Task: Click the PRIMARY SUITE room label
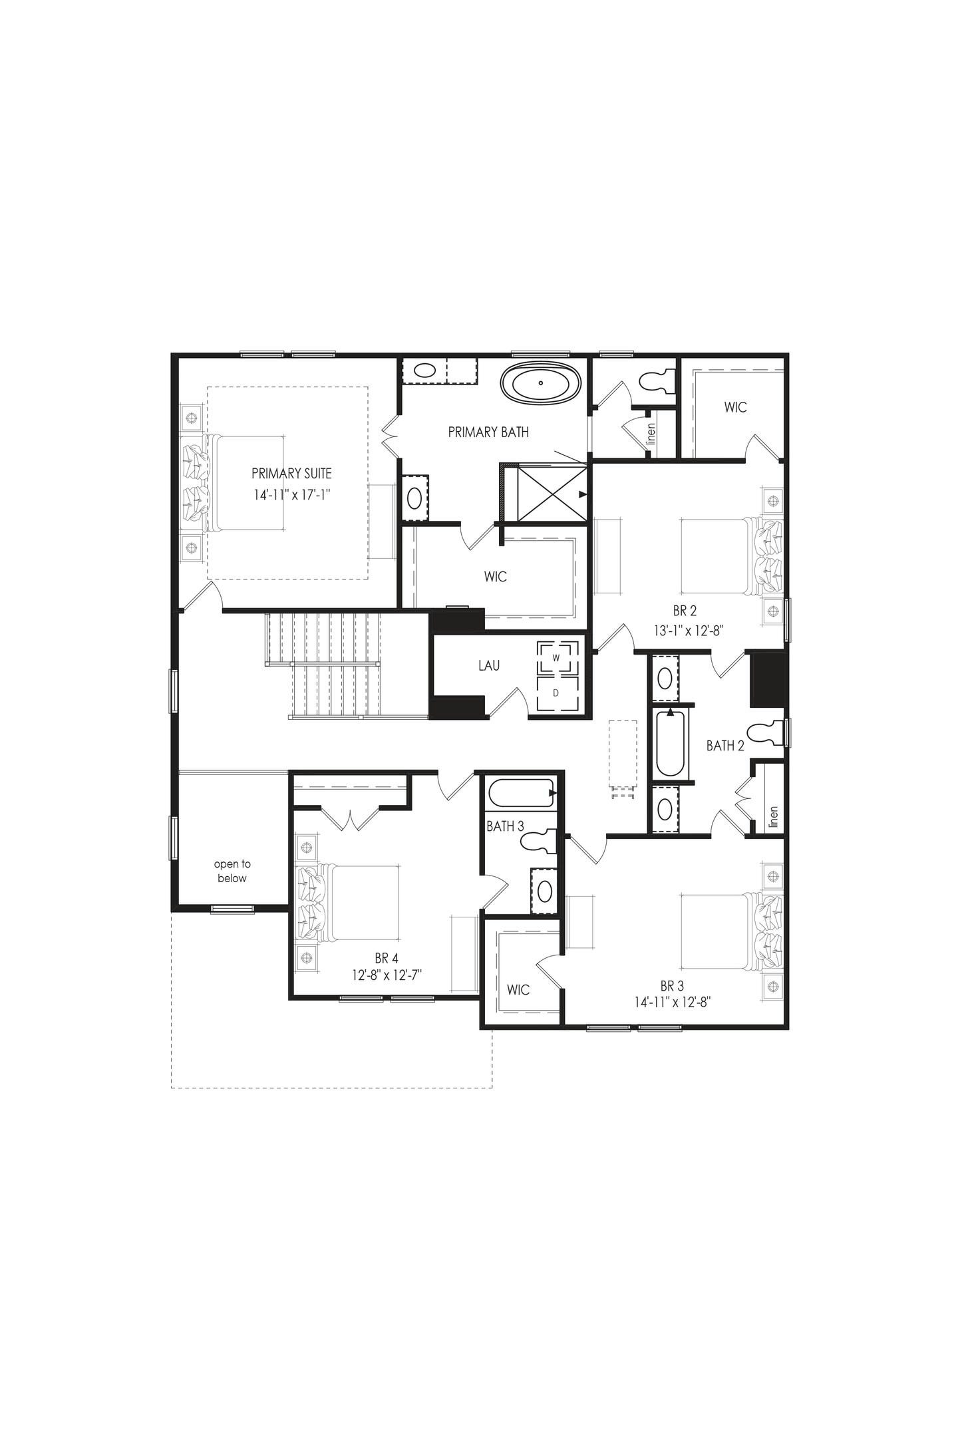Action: tap(291, 474)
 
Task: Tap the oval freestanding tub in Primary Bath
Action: tap(541, 383)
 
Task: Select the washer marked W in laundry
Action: tap(556, 657)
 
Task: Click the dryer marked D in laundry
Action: tap(556, 693)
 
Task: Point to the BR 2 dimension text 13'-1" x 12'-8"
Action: tap(684, 629)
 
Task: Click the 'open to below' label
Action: tap(232, 871)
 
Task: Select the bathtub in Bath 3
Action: tap(521, 794)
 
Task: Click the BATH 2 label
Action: tap(725, 746)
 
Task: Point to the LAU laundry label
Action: tap(489, 665)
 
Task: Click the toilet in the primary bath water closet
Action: tap(655, 381)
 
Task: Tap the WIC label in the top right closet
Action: tap(736, 407)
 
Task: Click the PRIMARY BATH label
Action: tap(488, 432)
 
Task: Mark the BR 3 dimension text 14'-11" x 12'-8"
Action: tap(673, 1003)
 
